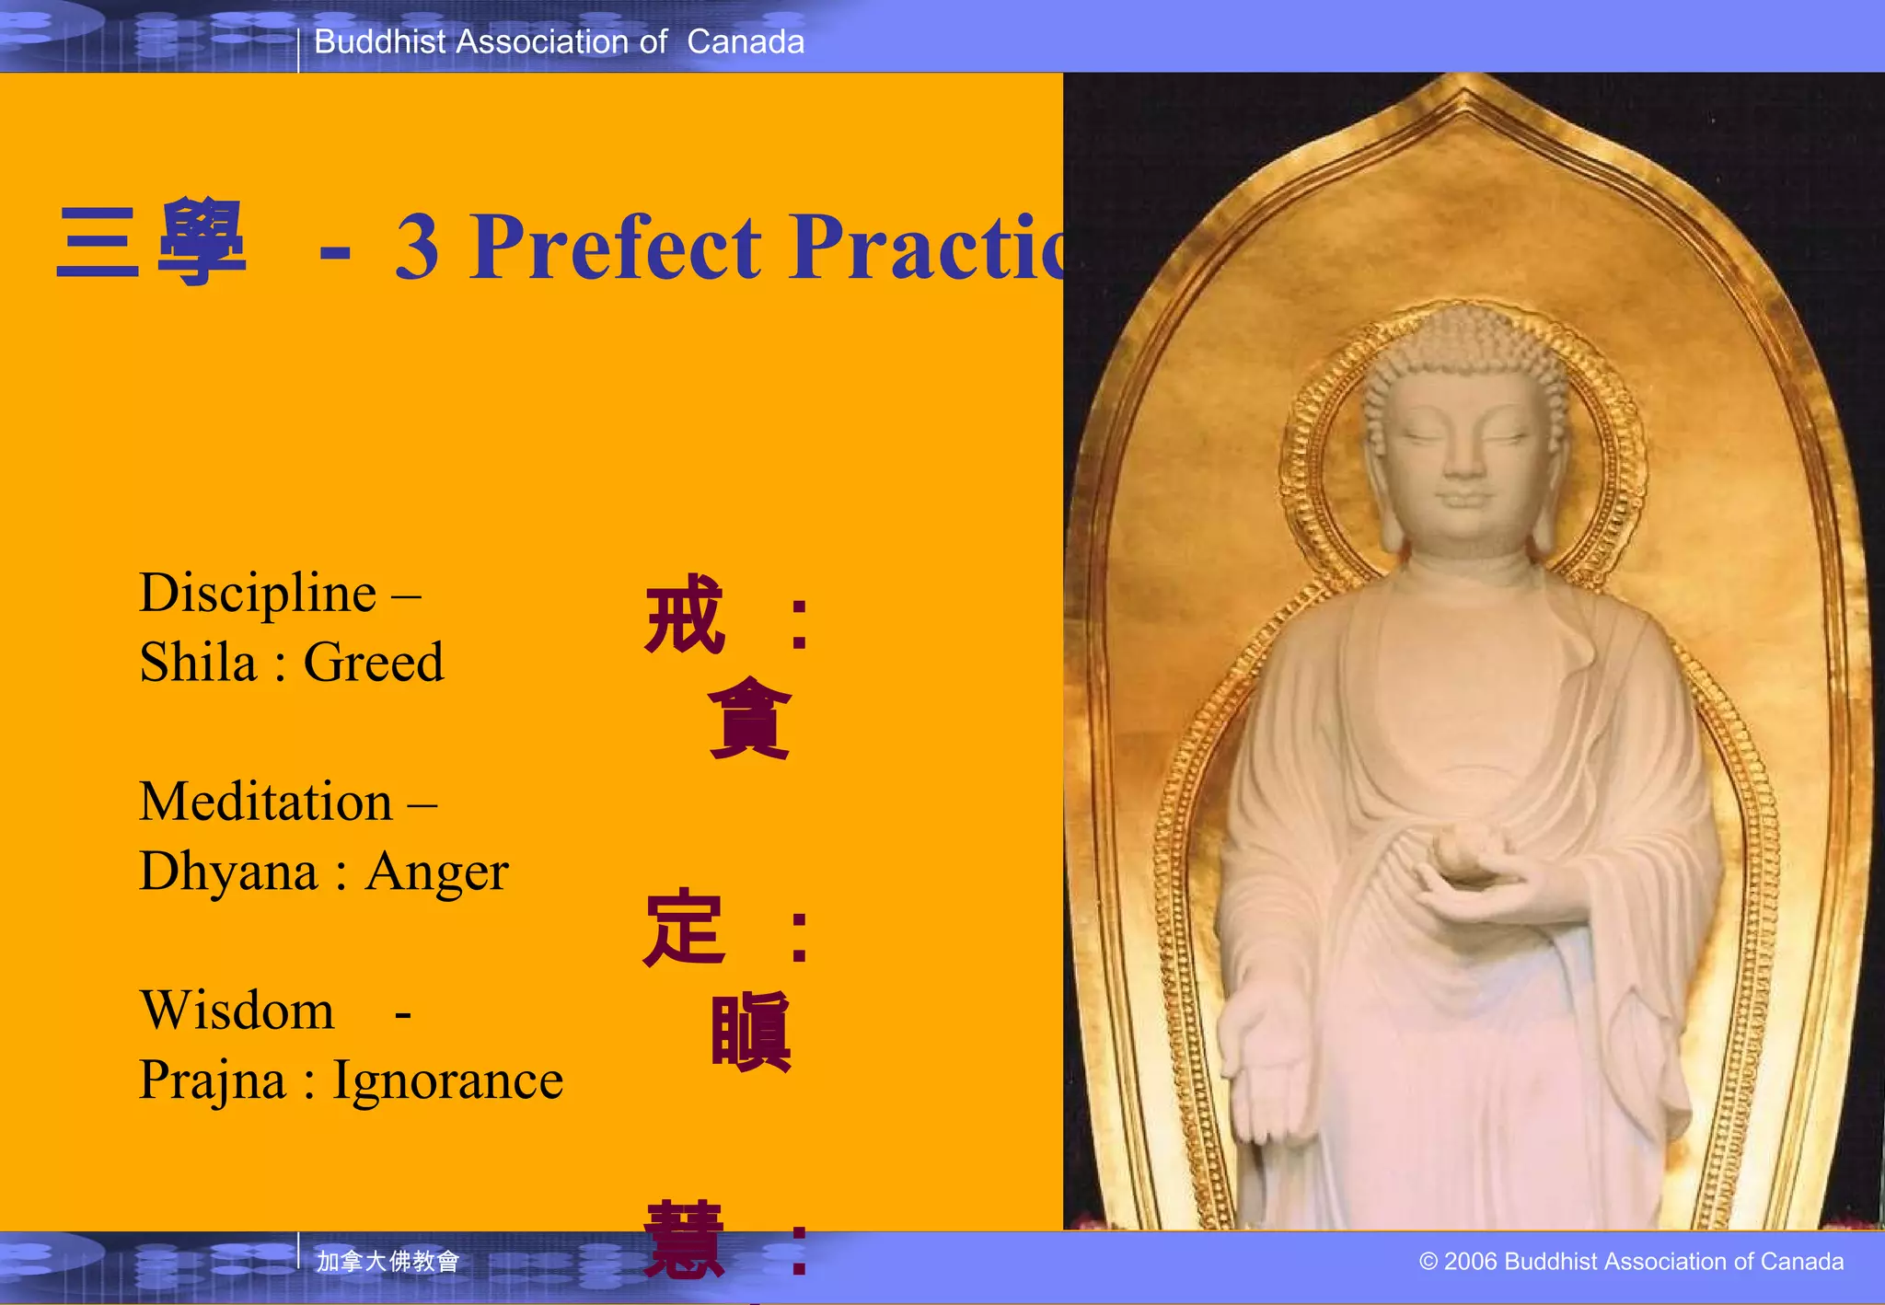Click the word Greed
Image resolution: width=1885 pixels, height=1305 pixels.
point(374,663)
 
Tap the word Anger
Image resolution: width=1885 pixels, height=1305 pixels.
point(436,872)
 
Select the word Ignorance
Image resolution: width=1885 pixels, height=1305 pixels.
point(447,1080)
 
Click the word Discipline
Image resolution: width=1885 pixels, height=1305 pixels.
point(258,594)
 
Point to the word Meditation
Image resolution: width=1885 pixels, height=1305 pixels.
point(266,803)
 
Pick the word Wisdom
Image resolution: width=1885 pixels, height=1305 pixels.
point(237,1011)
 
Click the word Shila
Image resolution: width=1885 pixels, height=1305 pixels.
point(198,663)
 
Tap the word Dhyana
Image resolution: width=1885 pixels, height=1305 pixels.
point(228,872)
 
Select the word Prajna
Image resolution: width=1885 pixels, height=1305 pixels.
point(212,1080)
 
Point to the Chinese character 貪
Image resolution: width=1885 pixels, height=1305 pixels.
point(750,718)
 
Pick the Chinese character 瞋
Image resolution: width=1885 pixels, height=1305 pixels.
point(750,1032)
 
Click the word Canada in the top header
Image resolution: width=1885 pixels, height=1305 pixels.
point(746,42)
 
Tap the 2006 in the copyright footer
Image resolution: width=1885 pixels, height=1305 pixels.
point(1471,1262)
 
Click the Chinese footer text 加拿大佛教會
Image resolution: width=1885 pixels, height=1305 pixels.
point(387,1261)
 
